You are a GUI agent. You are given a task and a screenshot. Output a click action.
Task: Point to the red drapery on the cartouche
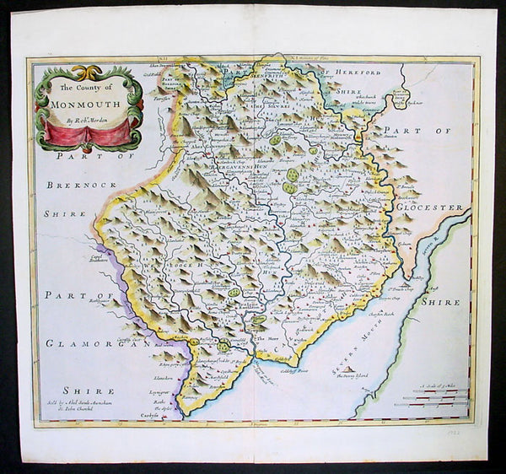[83, 132]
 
